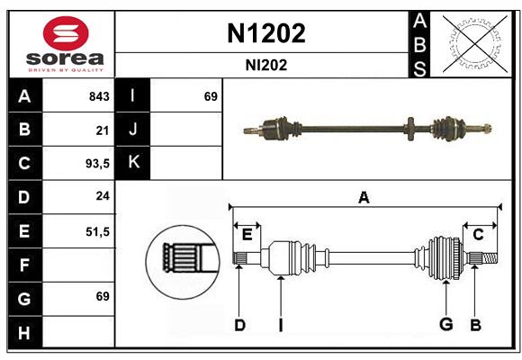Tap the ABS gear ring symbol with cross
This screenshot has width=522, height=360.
[x=473, y=44]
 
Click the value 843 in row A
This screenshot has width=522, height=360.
[x=99, y=96]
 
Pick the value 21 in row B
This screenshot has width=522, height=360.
[x=102, y=130]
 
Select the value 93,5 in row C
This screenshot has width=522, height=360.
[x=96, y=164]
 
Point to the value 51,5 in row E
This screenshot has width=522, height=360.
[x=97, y=231]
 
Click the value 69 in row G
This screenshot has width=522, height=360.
[x=102, y=296]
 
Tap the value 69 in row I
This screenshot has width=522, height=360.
[x=211, y=96]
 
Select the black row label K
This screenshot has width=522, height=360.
[x=133, y=163]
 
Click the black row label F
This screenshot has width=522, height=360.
[x=24, y=265]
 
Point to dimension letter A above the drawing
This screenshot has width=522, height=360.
[x=364, y=198]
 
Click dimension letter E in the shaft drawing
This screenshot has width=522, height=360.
[x=247, y=234]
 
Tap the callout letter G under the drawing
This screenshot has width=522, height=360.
[x=445, y=325]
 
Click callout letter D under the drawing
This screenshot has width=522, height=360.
[x=239, y=325]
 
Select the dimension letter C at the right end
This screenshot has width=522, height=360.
[x=478, y=234]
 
